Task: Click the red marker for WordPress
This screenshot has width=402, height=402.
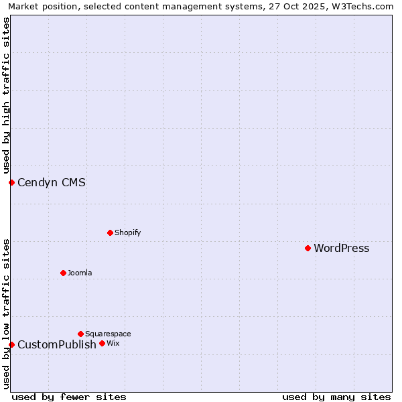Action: [x=308, y=248]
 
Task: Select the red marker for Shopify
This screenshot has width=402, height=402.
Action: [x=110, y=232]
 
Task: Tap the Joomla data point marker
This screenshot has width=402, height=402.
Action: [x=63, y=273]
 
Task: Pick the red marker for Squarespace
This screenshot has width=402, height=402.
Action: [x=80, y=334]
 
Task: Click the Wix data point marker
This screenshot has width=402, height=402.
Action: [x=102, y=343]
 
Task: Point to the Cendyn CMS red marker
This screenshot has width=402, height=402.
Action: [x=11, y=182]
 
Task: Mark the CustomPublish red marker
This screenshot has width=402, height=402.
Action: [x=11, y=344]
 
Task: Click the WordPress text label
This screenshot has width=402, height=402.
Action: [x=341, y=249]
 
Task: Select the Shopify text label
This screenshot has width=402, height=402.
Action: [x=127, y=232]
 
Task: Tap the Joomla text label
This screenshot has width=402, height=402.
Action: [x=80, y=273]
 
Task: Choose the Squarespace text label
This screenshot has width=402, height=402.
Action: [x=108, y=334]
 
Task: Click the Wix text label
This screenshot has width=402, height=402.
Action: [x=113, y=343]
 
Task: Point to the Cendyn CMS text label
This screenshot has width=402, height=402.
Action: [x=52, y=182]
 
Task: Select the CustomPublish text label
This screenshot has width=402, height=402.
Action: [x=57, y=345]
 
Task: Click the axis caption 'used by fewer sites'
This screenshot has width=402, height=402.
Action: [x=69, y=397]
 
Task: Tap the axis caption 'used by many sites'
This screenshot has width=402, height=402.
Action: [x=336, y=397]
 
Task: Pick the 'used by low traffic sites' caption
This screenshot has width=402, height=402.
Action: [x=6, y=314]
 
